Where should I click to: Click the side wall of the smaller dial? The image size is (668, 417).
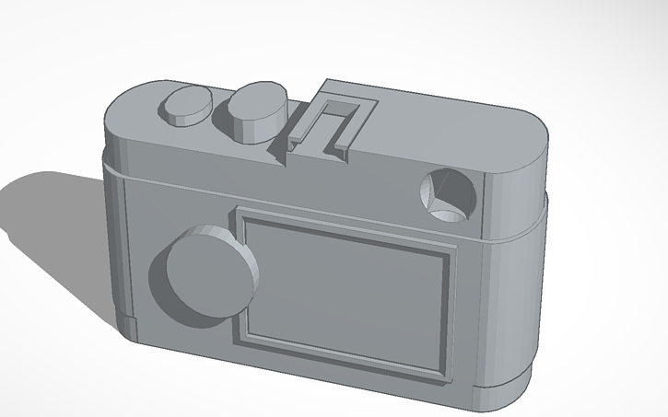(x=179, y=116)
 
